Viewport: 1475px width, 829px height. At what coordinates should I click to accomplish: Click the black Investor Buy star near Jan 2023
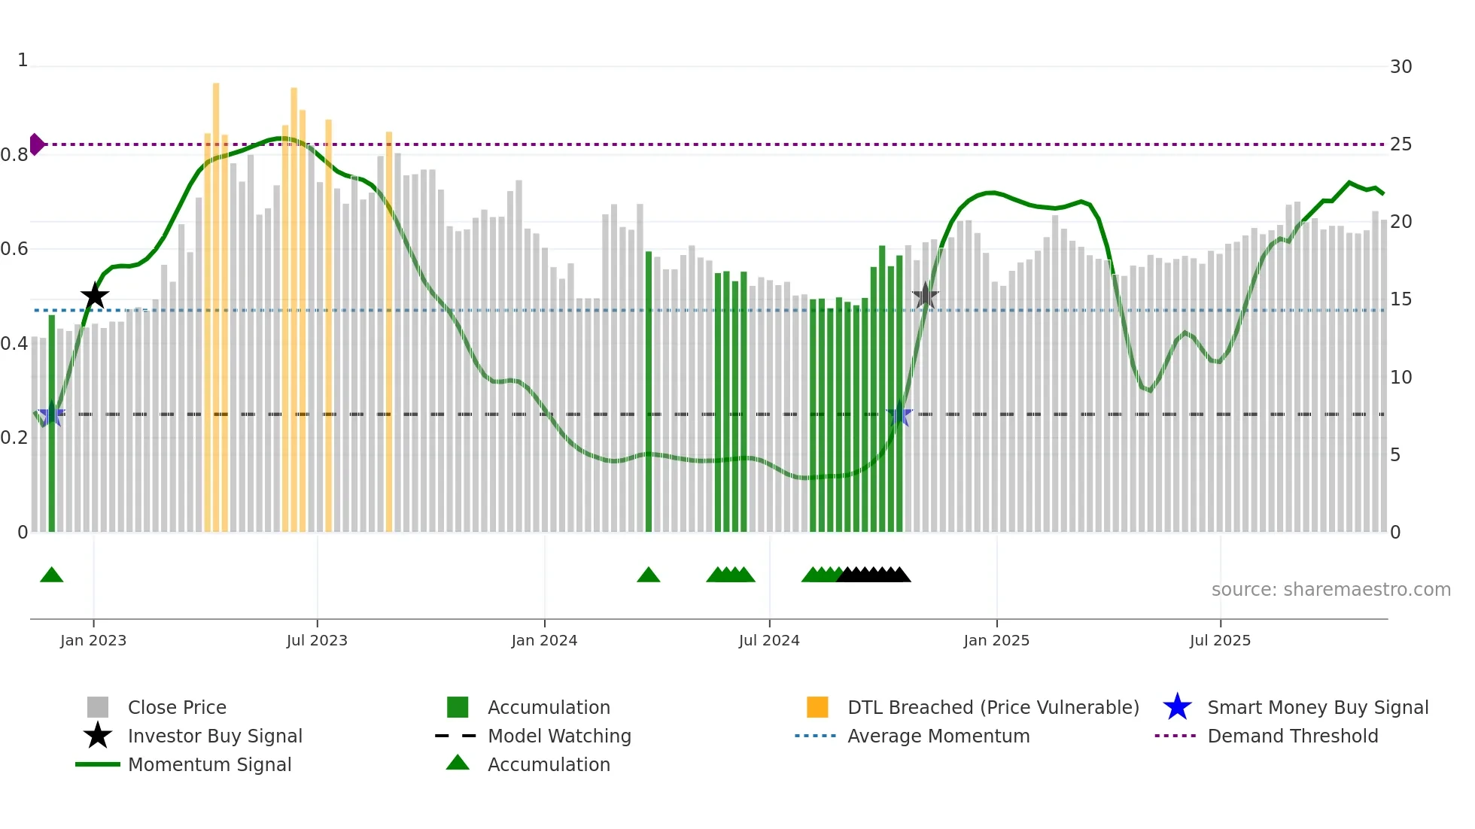[95, 296]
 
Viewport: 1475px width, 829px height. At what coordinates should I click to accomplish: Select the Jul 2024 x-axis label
[769, 640]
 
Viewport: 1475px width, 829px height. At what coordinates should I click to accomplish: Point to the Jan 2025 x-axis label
[996, 640]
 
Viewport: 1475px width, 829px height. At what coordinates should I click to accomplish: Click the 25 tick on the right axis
[1400, 144]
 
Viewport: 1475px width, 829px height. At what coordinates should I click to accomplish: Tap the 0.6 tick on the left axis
[15, 249]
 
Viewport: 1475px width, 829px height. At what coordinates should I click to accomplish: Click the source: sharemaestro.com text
[1331, 590]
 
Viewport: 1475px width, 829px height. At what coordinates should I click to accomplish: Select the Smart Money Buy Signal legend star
[1177, 707]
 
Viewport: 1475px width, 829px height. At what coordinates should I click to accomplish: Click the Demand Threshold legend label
[1292, 736]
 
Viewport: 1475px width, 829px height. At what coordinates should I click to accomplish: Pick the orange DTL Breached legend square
[817, 707]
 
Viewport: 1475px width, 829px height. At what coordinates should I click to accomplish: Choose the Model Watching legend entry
[559, 736]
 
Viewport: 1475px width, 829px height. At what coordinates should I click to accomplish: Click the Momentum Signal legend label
[209, 764]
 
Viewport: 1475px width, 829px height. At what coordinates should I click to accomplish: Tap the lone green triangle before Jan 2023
[52, 575]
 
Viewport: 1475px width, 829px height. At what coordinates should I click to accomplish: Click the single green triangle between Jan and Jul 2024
[649, 575]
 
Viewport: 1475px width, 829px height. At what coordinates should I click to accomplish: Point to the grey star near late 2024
[925, 296]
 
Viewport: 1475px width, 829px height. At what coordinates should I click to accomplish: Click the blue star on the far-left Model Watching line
[52, 414]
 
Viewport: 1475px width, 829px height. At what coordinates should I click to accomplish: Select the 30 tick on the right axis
[1400, 66]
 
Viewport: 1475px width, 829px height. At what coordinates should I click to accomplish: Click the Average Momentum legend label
[938, 736]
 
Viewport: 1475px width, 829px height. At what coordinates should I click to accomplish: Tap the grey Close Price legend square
[98, 707]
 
